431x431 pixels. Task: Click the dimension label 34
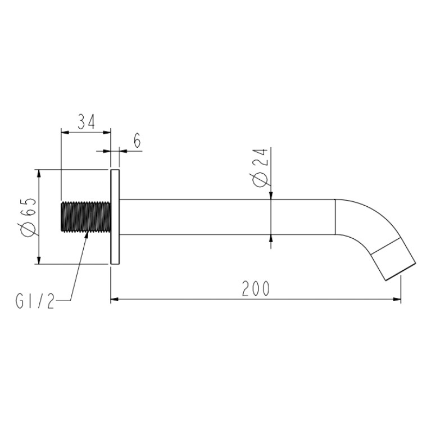click(86, 122)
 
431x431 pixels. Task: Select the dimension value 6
click(137, 140)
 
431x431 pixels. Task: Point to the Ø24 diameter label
click(260, 167)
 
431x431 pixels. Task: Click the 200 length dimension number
click(256, 289)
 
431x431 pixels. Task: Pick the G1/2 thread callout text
click(35, 301)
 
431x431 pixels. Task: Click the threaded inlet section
click(86, 216)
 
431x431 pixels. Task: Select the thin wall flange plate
click(115, 217)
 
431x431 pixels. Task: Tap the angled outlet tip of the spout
click(393, 259)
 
